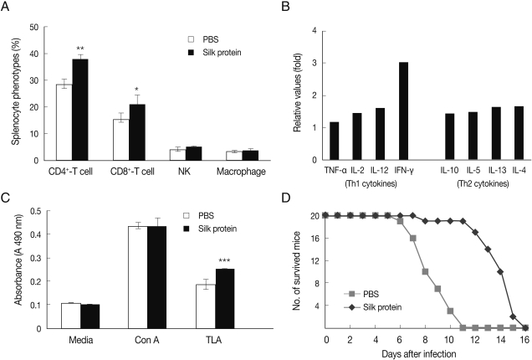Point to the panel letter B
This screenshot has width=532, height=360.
284,10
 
